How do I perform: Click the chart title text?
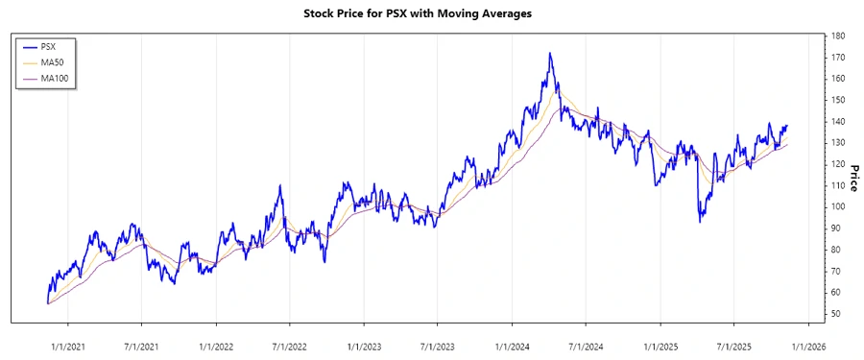coord(430,14)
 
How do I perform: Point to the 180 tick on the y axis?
coord(839,36)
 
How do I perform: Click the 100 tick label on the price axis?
coord(839,206)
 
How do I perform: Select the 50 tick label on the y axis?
coord(837,314)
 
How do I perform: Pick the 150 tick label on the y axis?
coord(839,100)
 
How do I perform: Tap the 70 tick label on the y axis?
coord(837,271)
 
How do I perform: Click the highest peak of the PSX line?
coord(550,54)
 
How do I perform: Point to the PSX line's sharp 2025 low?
coord(700,222)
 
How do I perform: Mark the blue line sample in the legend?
coord(30,46)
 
